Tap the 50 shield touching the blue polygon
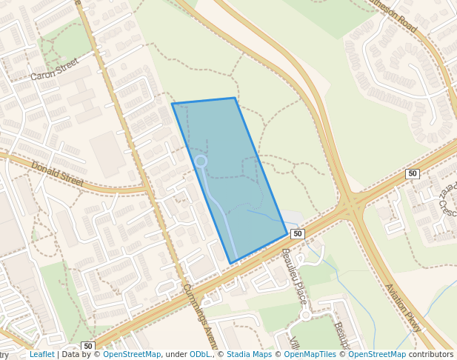coord(297,234)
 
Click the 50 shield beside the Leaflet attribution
coord(88,346)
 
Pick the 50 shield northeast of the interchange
coord(413,173)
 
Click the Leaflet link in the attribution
coord(42,355)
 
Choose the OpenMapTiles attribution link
coord(311,355)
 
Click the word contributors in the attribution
coord(431,355)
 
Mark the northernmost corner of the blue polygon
coord(235,98)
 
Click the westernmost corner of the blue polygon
coord(173,104)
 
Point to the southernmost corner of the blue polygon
coord(231,263)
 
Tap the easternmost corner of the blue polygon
coord(287,234)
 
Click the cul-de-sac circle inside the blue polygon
coord(200,161)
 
